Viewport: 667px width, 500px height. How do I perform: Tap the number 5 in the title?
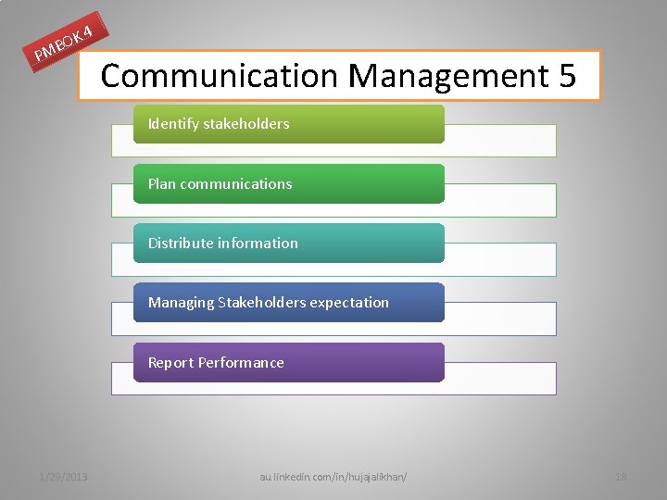567,75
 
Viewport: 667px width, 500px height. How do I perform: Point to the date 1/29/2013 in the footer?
63,477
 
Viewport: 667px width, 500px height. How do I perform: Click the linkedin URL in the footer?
333,477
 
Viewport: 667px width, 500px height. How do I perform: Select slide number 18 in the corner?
621,477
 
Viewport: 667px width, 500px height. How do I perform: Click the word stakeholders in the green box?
246,124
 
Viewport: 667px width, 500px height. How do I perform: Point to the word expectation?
351,302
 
